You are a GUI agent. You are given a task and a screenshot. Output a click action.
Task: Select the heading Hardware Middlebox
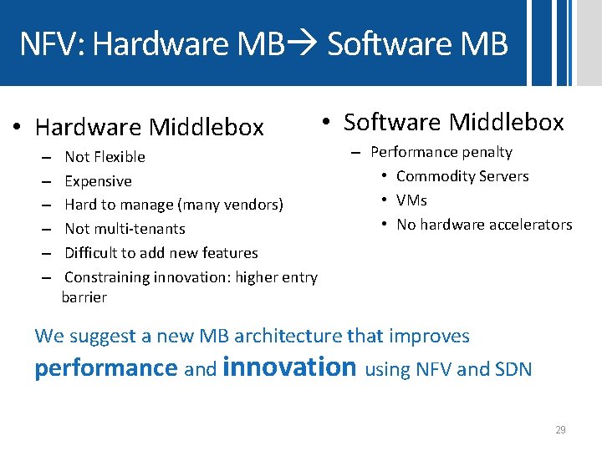149,127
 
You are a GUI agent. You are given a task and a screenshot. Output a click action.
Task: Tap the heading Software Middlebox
453,123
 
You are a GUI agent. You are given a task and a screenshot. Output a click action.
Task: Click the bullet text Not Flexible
105,157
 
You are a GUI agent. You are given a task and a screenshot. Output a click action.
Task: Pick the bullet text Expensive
98,181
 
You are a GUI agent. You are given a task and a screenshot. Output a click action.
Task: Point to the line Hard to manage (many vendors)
174,205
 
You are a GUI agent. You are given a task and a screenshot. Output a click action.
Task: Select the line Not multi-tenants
125,229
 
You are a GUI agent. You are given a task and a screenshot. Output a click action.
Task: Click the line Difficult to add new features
161,253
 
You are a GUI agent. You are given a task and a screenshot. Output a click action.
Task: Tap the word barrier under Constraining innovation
84,297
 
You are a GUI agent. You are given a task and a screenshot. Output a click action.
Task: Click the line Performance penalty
441,152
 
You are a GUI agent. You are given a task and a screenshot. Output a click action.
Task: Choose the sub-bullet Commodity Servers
462,176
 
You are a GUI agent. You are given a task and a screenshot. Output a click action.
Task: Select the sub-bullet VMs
411,200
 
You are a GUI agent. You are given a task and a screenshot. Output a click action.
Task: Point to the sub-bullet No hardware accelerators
484,225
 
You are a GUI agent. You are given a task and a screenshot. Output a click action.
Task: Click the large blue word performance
106,368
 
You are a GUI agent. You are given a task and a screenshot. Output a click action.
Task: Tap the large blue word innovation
290,367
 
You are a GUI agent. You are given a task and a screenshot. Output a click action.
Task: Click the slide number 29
560,430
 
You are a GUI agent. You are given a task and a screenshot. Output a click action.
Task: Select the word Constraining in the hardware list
108,277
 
